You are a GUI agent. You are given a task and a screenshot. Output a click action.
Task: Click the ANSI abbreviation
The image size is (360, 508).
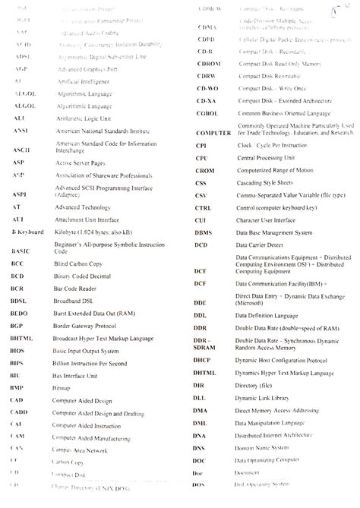[x=21, y=131]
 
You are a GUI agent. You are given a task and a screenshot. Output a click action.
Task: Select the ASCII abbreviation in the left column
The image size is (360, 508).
[x=22, y=150]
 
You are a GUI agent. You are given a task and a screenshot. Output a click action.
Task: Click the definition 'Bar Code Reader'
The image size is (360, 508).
[x=74, y=292]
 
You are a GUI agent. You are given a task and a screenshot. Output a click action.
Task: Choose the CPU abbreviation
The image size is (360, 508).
[x=201, y=158]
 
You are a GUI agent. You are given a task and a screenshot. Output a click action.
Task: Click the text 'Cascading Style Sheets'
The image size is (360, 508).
[x=267, y=183]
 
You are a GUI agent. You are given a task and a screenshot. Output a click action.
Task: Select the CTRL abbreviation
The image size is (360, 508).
[x=203, y=207]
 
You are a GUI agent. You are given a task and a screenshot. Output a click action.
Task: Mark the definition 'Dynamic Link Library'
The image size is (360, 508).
[x=267, y=398]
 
